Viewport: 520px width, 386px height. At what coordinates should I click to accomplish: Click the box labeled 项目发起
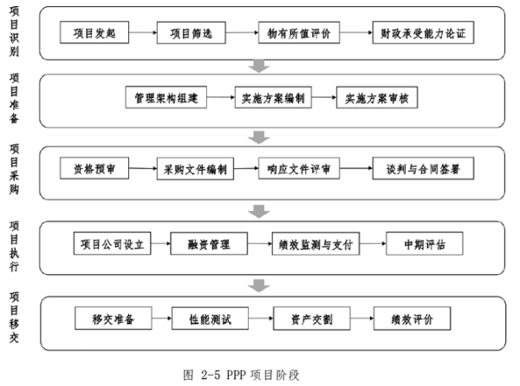(x=94, y=35)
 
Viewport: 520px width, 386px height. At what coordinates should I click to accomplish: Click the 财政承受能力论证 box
(x=423, y=35)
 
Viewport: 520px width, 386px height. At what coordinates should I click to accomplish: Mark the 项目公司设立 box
(x=111, y=245)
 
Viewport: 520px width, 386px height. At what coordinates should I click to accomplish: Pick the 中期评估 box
(x=422, y=245)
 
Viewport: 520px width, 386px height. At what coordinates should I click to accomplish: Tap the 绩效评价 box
(x=412, y=318)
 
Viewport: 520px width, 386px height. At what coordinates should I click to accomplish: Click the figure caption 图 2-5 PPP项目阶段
(x=246, y=375)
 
